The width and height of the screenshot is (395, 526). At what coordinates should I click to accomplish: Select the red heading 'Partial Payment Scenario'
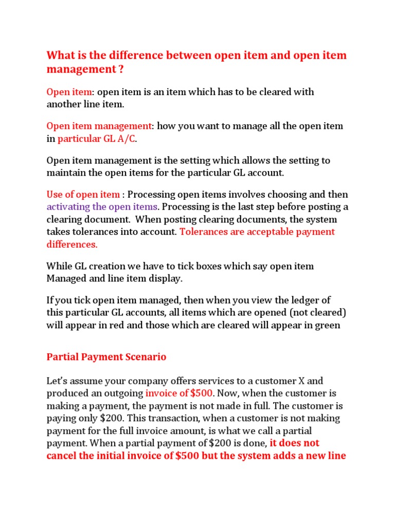pyautogui.click(x=106, y=356)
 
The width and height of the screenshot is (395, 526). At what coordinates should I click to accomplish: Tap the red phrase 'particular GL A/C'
pyautogui.click(x=97, y=139)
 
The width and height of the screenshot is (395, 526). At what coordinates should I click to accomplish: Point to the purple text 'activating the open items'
pyautogui.click(x=102, y=207)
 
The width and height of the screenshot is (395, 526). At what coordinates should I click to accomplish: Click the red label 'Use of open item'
pyautogui.click(x=83, y=195)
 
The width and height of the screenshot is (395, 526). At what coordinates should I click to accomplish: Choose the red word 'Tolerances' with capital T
pyautogui.click(x=204, y=232)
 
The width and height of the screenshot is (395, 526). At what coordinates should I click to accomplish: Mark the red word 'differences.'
pyautogui.click(x=72, y=244)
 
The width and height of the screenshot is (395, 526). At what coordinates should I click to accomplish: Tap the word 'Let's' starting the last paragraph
pyautogui.click(x=58, y=381)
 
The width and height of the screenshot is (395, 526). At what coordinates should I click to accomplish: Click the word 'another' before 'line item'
pyautogui.click(x=64, y=104)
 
